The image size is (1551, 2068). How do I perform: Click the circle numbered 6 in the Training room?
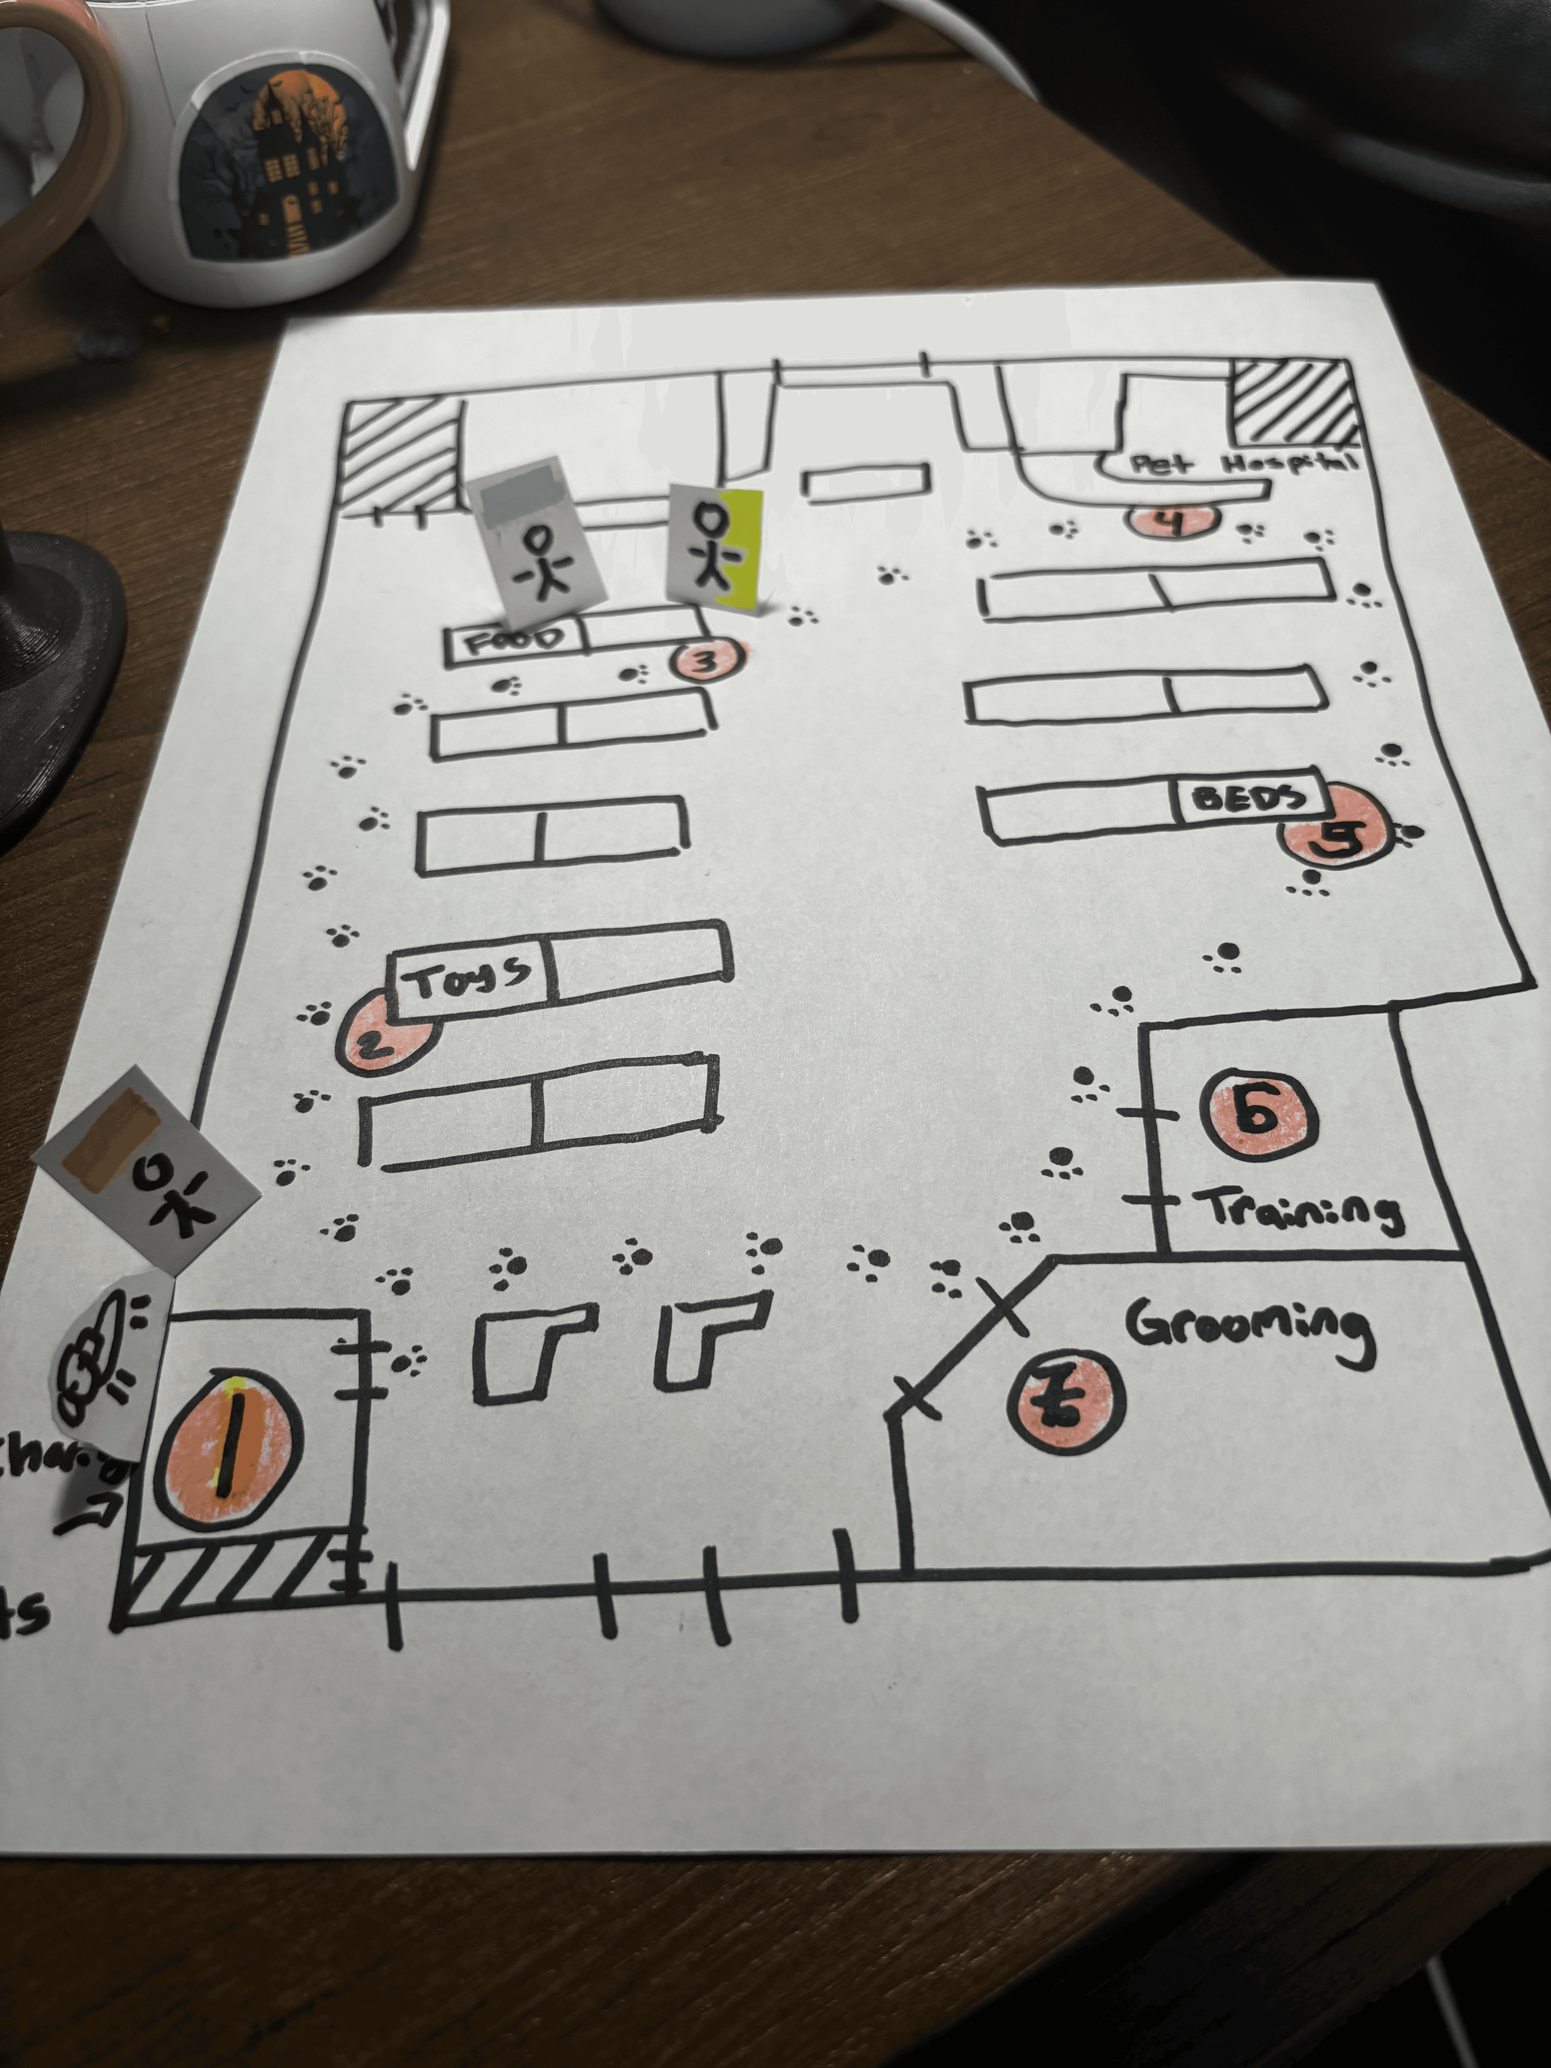click(x=1258, y=1113)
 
